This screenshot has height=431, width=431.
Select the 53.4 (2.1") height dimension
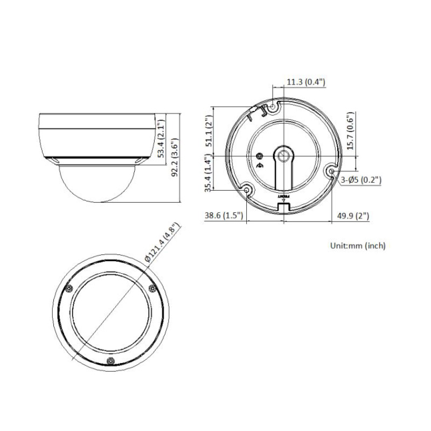(x=160, y=140)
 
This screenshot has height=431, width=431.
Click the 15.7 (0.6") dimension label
(x=350, y=133)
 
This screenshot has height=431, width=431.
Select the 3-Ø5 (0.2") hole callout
(x=362, y=180)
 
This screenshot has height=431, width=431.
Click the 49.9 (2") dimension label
(x=352, y=216)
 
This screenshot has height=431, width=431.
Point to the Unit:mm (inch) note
(x=358, y=246)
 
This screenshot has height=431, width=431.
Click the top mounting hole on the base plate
(x=273, y=108)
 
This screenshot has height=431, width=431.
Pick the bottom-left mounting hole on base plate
(x=247, y=191)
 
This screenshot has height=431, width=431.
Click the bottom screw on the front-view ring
(x=110, y=360)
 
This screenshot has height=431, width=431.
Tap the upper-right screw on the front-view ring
(x=152, y=289)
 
